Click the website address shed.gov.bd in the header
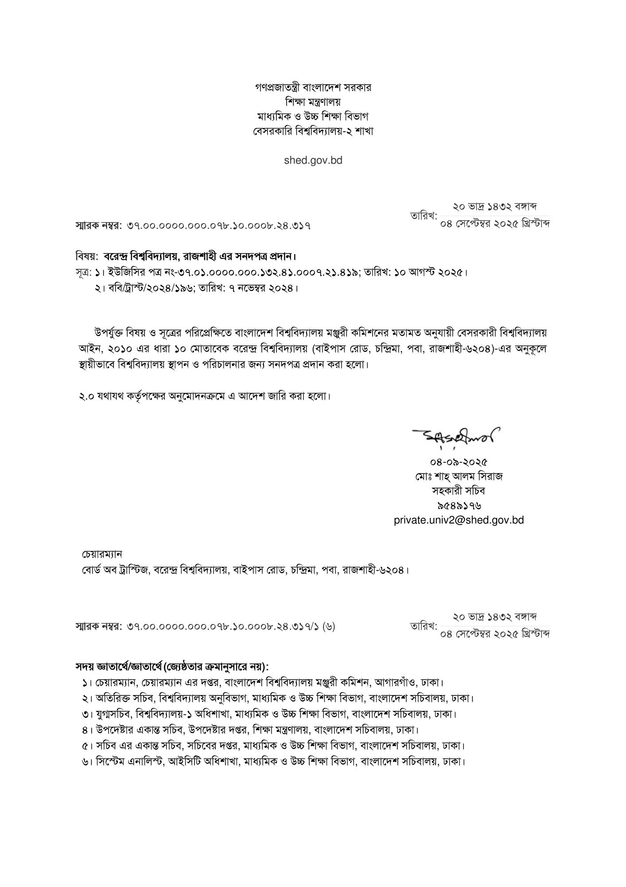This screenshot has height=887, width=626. (313, 160)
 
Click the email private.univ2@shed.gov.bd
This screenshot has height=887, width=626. (459, 520)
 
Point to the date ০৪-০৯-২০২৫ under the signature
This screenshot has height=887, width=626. (459, 462)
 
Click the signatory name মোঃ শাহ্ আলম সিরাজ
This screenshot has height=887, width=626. (459, 477)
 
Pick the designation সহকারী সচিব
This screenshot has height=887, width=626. (459, 491)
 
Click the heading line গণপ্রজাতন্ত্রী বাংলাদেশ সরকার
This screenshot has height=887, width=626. (313, 87)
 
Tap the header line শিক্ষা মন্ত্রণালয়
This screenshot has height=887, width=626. (313, 102)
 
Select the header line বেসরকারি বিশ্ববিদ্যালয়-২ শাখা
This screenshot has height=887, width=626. (313, 131)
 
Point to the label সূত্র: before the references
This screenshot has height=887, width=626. (83, 272)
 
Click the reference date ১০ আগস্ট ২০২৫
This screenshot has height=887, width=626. (429, 272)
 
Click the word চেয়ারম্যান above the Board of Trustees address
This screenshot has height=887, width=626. (102, 554)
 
